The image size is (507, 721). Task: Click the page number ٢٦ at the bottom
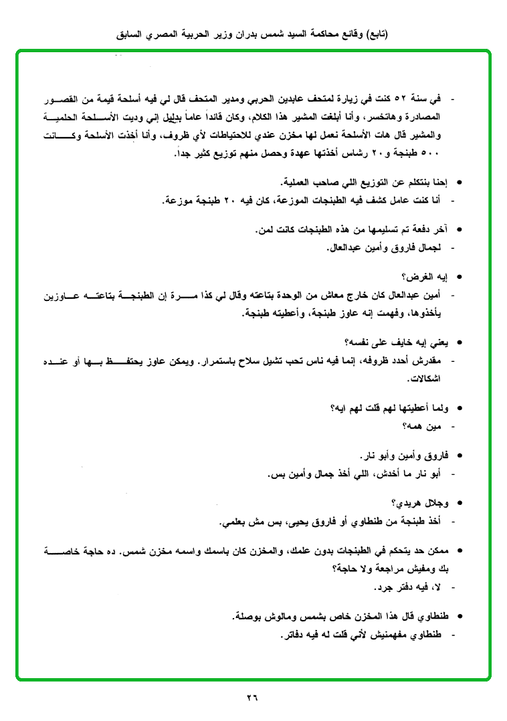tap(252, 698)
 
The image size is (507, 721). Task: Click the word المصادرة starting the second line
tap(425, 117)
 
